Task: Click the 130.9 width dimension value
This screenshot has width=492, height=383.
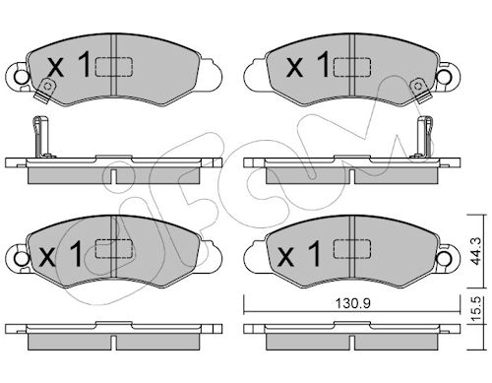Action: [x=352, y=303]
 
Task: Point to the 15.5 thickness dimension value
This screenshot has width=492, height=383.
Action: [x=476, y=309]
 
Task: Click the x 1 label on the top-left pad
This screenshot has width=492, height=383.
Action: [x=69, y=66]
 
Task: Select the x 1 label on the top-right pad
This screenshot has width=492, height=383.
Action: [x=308, y=65]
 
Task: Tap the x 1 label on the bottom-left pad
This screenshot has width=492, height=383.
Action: [x=60, y=254]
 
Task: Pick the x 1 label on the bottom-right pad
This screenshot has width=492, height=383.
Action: [x=299, y=253]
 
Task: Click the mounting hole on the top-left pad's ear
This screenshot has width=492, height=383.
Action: [x=22, y=77]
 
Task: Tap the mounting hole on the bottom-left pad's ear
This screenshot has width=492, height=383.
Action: [x=22, y=259]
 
